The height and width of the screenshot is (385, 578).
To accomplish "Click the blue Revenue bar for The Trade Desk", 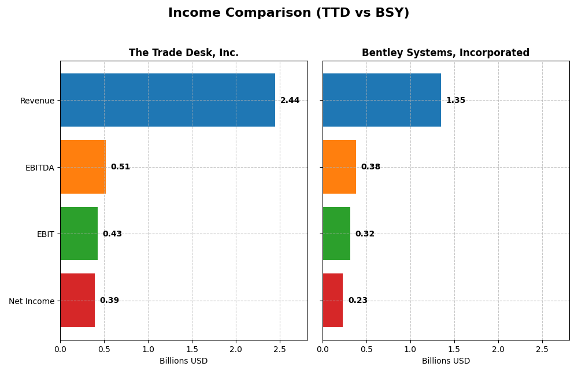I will tap(168, 100).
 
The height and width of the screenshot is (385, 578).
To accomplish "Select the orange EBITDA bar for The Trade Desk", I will tap(83, 166).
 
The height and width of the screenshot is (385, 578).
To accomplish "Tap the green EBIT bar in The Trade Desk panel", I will tap(79, 234).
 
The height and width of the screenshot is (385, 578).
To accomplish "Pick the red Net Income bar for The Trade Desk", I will tap(77, 300).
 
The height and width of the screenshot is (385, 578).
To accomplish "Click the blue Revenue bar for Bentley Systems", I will tap(381, 100).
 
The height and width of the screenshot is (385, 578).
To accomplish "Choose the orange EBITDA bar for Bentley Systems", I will tap(339, 166).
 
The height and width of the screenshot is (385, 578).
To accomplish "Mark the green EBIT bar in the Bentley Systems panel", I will tap(336, 234).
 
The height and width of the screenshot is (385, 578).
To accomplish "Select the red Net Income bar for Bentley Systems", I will tap(332, 300).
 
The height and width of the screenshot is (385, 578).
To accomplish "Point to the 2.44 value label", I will tap(290, 101).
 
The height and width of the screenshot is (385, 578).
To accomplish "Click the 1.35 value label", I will tap(455, 101).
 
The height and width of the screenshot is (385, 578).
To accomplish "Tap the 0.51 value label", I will tap(120, 167).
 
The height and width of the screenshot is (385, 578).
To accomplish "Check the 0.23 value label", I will tap(358, 301).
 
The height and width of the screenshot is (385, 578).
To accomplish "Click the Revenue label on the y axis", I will tap(37, 101).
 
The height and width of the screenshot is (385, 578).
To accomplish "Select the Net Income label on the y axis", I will tap(32, 301).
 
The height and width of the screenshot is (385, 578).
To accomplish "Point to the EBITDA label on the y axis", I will tap(39, 168).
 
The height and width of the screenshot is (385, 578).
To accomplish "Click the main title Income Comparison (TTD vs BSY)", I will tap(288, 13).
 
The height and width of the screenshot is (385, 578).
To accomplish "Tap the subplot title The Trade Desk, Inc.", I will tap(183, 53).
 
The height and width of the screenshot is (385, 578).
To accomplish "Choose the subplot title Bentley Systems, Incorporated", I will tap(445, 53).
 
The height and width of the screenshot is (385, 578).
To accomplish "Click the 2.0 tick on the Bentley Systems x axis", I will tap(498, 350).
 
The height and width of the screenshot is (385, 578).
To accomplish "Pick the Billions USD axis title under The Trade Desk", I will tap(183, 361).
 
